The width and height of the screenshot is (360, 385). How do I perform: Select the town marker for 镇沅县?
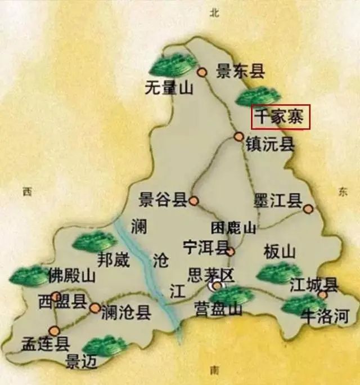click(239, 137)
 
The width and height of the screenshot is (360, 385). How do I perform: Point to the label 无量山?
click(169, 88)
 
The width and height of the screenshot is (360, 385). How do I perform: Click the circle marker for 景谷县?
click(194, 200)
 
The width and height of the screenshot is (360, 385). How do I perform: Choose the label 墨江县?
click(278, 200)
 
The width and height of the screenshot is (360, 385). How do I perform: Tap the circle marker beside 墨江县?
click(308, 209)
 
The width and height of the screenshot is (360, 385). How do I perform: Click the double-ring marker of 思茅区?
click(217, 286)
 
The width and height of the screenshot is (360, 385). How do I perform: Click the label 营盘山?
click(218, 309)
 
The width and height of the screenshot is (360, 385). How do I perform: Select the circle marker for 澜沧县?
click(95, 308)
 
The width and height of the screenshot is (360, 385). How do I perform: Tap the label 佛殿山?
click(71, 276)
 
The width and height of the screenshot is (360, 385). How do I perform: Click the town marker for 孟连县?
click(54, 331)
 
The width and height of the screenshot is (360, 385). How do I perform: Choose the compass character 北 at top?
click(213, 14)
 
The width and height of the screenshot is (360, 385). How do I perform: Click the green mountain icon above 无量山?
click(173, 65)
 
